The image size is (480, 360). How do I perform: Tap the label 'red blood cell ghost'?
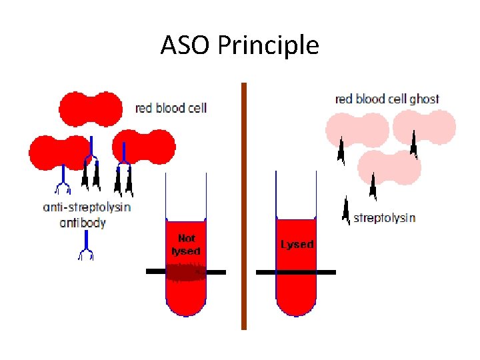[x=387, y=99]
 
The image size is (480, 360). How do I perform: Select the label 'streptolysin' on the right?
[x=384, y=218]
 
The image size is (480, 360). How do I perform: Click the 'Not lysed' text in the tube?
[x=186, y=245]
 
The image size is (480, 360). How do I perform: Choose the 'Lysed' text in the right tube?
[x=297, y=245]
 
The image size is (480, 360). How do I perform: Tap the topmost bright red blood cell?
[x=91, y=107]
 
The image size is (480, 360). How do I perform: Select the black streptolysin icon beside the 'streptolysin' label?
[x=345, y=210]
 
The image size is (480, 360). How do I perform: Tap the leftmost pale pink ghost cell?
[x=357, y=130]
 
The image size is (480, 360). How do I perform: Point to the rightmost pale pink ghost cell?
[x=424, y=127]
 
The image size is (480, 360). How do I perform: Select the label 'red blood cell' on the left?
[x=171, y=108]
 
